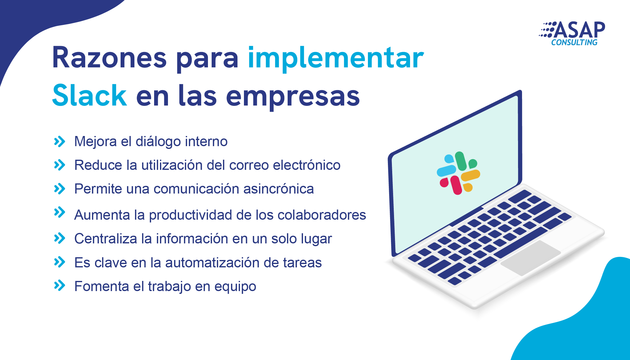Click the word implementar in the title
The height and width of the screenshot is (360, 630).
tap(336, 59)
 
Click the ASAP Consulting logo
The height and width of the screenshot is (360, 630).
tap(572, 34)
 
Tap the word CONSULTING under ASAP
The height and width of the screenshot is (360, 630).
tap(574, 42)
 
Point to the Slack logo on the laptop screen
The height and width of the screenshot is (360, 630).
tap(458, 173)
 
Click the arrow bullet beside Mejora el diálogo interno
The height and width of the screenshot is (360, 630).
tap(60, 142)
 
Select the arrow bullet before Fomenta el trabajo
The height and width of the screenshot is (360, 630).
tap(60, 286)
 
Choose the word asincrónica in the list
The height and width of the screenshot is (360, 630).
tap(279, 189)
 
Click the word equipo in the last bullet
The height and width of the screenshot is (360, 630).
tap(235, 287)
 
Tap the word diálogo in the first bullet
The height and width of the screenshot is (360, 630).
tap(158, 142)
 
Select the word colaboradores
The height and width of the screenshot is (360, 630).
tap(322, 215)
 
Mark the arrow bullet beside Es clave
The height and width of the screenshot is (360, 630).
tap(60, 262)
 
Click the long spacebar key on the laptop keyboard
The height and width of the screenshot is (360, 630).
tap(520, 243)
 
